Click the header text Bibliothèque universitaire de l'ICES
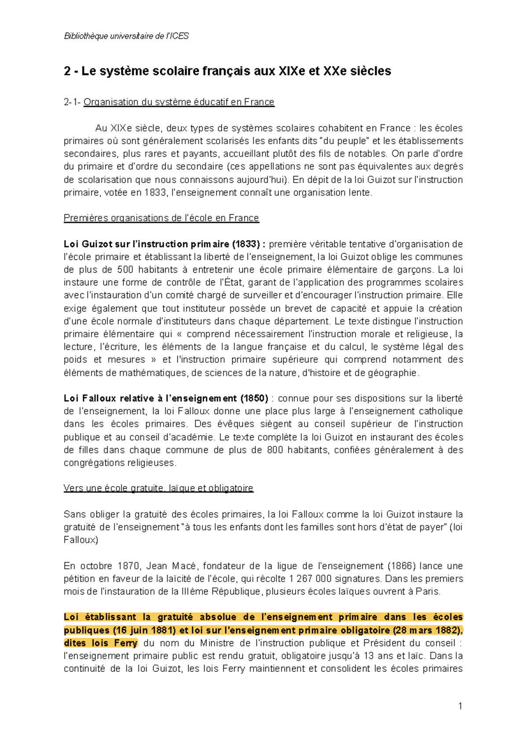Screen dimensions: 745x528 tap(126, 36)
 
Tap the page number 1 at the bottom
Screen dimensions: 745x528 tap(460, 706)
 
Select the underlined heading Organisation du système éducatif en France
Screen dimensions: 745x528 tap(179, 102)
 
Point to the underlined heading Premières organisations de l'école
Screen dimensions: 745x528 tap(161, 218)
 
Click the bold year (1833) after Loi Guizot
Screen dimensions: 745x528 tap(246, 244)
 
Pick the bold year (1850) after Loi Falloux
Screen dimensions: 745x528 tap(254, 398)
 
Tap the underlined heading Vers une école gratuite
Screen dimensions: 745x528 tap(158, 488)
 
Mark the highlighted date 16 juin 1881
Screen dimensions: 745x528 tap(145, 630)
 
